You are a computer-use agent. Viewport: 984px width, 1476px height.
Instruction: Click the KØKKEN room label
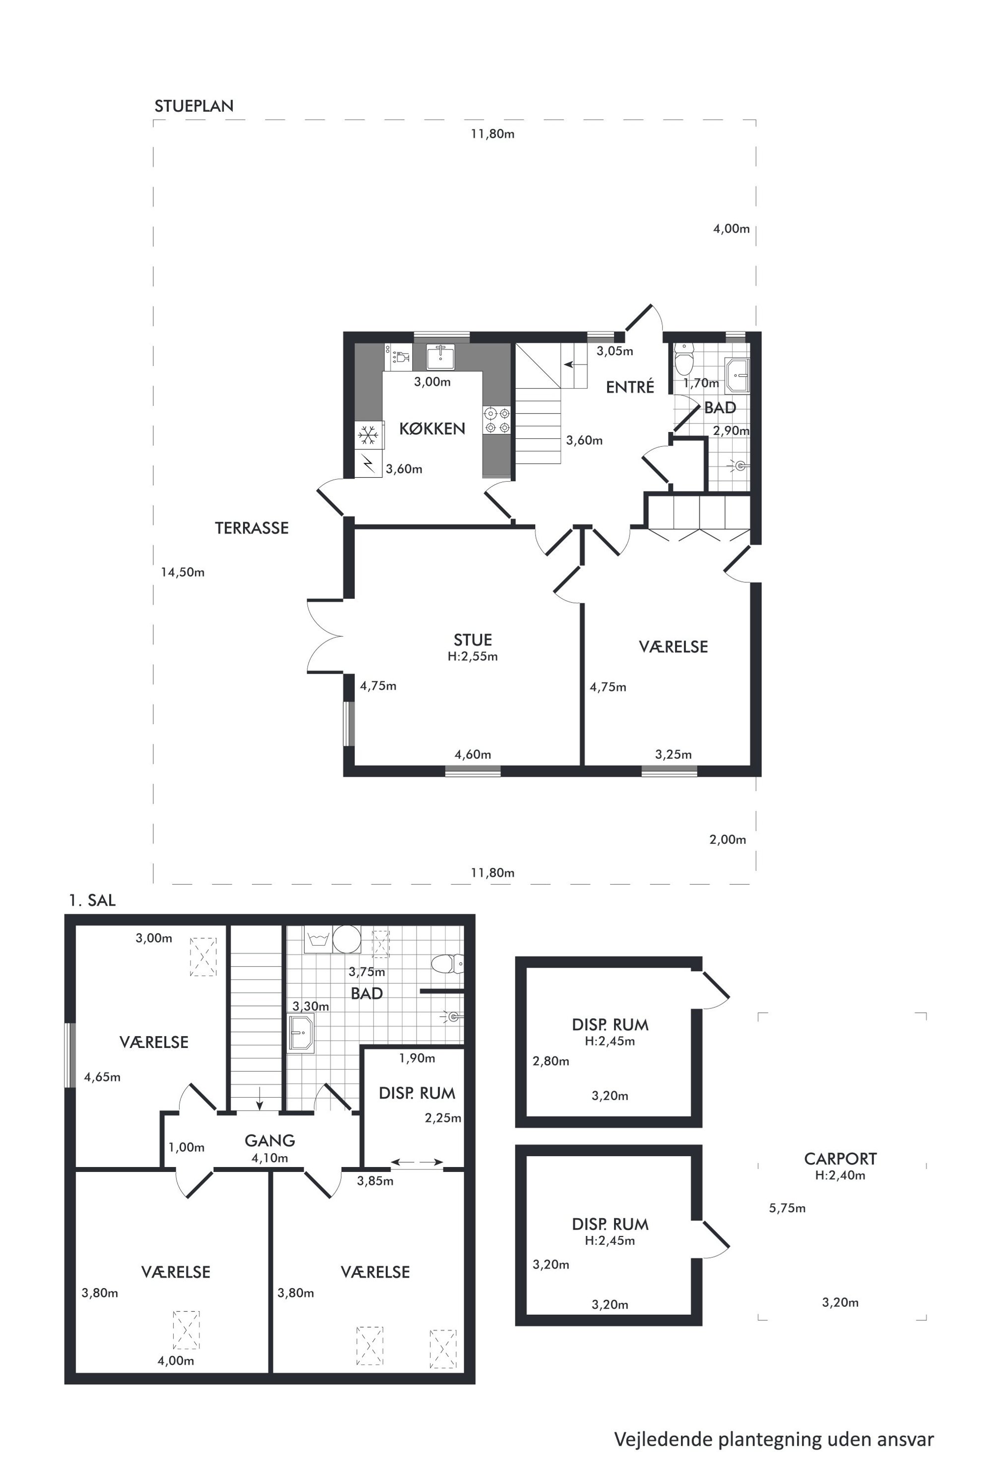click(432, 429)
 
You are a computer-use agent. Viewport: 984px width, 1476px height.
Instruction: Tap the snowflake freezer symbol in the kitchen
click(369, 434)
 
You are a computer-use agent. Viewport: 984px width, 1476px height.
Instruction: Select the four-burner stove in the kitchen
click(496, 421)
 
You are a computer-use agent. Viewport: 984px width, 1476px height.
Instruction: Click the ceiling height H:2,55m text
click(473, 657)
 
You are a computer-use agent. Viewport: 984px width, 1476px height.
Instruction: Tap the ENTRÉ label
click(630, 387)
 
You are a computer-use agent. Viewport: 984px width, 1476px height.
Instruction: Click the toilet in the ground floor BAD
click(683, 358)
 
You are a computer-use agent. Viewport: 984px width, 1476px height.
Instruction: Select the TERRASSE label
click(251, 528)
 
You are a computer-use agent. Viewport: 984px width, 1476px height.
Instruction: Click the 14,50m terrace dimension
click(183, 572)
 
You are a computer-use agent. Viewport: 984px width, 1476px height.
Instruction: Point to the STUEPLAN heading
click(194, 107)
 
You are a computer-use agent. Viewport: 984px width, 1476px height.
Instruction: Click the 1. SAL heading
click(92, 901)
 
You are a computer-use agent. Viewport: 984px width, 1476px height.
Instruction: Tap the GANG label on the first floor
click(270, 1140)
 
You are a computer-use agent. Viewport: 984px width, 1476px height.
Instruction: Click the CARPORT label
click(840, 1159)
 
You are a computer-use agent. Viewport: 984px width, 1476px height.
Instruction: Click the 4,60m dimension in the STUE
click(473, 754)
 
